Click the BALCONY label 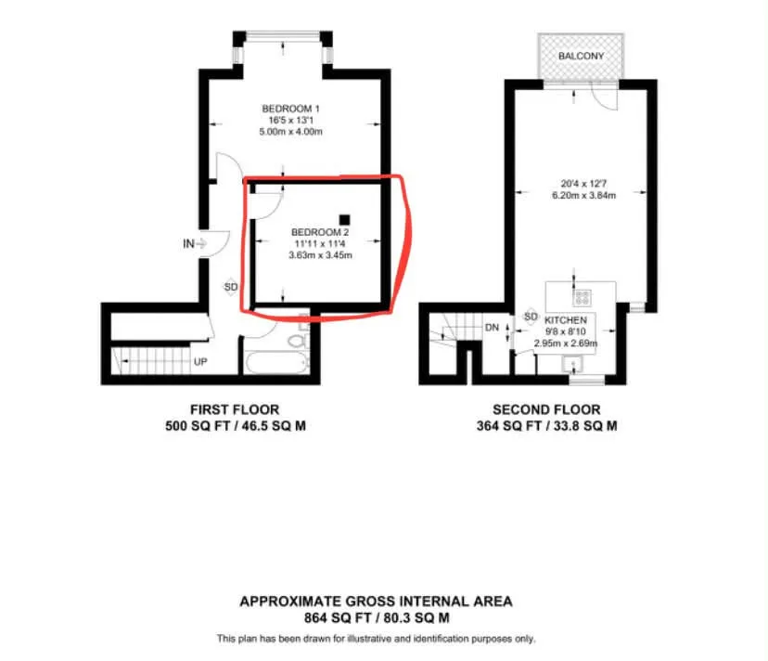coord(581,56)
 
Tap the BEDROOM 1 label coord(290,109)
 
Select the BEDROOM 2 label coord(320,232)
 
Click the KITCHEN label coord(566,320)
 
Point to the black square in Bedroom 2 coord(345,220)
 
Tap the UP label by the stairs coord(200,362)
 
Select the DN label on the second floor coord(492,328)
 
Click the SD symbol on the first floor coord(231,286)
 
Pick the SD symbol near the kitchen coord(531,317)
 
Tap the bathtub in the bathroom coord(276,363)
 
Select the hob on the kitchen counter coord(582,297)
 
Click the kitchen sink coord(572,364)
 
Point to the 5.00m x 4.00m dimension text coord(290,132)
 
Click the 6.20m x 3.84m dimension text coord(583,195)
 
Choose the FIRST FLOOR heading coord(235,409)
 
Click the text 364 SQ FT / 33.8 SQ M coord(546,425)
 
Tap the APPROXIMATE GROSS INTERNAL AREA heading coord(376,602)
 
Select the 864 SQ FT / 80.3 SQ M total coord(377,617)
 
